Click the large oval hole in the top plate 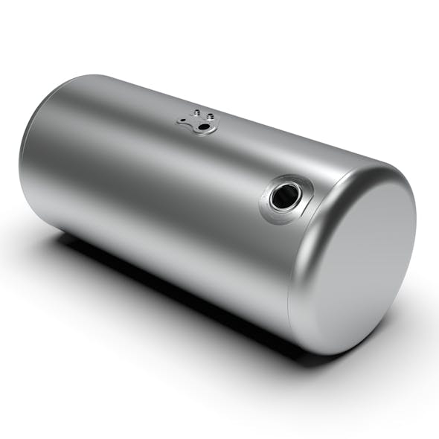point(202,128)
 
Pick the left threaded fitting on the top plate point(197,114)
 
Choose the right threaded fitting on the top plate point(211,117)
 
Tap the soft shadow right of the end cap point(413,313)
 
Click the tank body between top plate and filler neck point(238,156)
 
